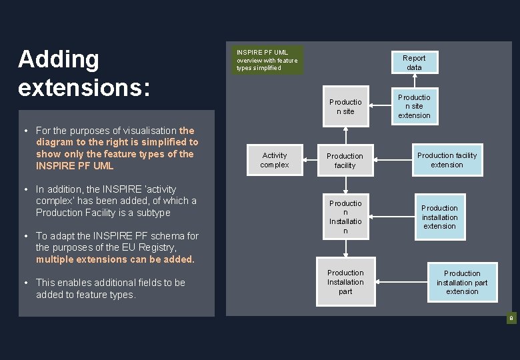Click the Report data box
pos(414,63)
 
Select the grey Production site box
pos(345,107)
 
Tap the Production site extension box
pos(414,106)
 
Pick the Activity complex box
pos(274,160)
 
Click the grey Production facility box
pos(345,161)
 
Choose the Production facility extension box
pos(447,160)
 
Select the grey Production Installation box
pos(345,217)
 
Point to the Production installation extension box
pos(439,217)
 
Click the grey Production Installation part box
pos(345,282)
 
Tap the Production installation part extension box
pos(462,282)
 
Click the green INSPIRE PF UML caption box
pos(267,60)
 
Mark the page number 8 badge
pos(511,319)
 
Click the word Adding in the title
pos(59,59)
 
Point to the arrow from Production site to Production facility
pos(345,133)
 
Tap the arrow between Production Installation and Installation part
pos(345,249)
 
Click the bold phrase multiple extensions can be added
pos(115,259)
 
